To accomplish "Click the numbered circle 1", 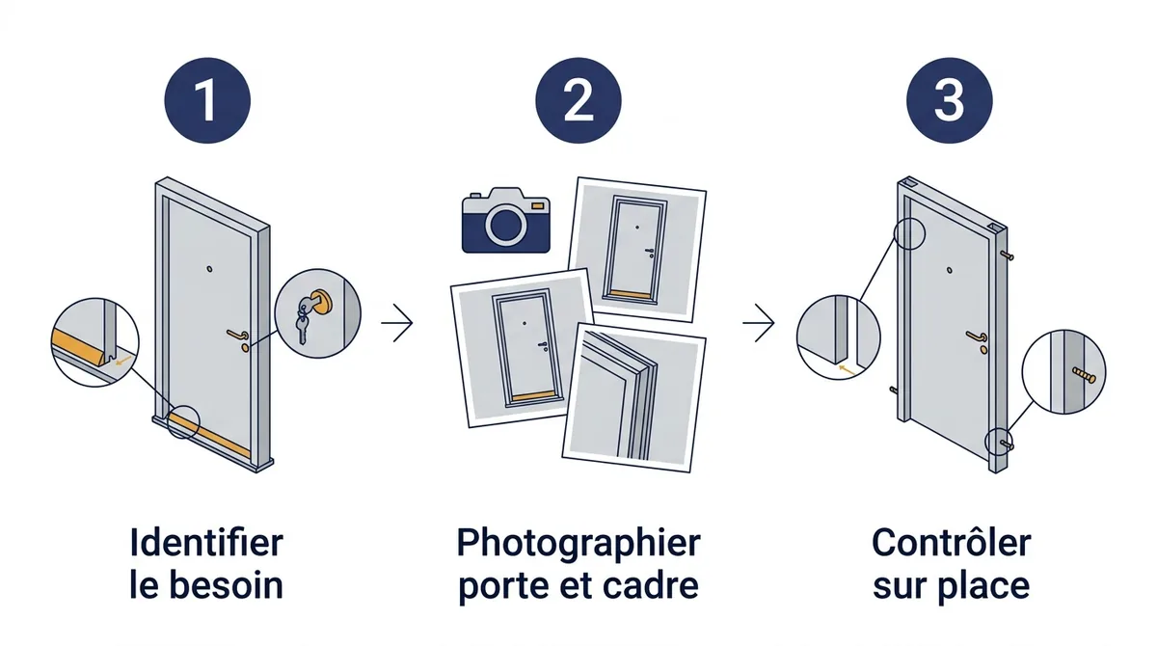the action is coord(207,100).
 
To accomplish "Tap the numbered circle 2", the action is coord(578,100).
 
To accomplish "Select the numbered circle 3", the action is coord(950,100).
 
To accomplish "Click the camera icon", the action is coord(505,220).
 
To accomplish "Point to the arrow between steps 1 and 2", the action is coord(397,323).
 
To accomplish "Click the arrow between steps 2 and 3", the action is coord(759,323).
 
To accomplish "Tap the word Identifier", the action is coord(206,543).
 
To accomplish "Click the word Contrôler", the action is coord(952,543).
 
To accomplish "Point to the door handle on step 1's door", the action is coord(237,335).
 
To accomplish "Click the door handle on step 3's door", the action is coord(977,336).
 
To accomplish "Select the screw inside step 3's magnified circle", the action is coord(1084,375).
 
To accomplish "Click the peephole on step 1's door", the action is coord(209,269).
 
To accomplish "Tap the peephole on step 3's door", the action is coord(950,270).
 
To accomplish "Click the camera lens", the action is coord(505,226).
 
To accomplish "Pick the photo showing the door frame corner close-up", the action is coord(634,397).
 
